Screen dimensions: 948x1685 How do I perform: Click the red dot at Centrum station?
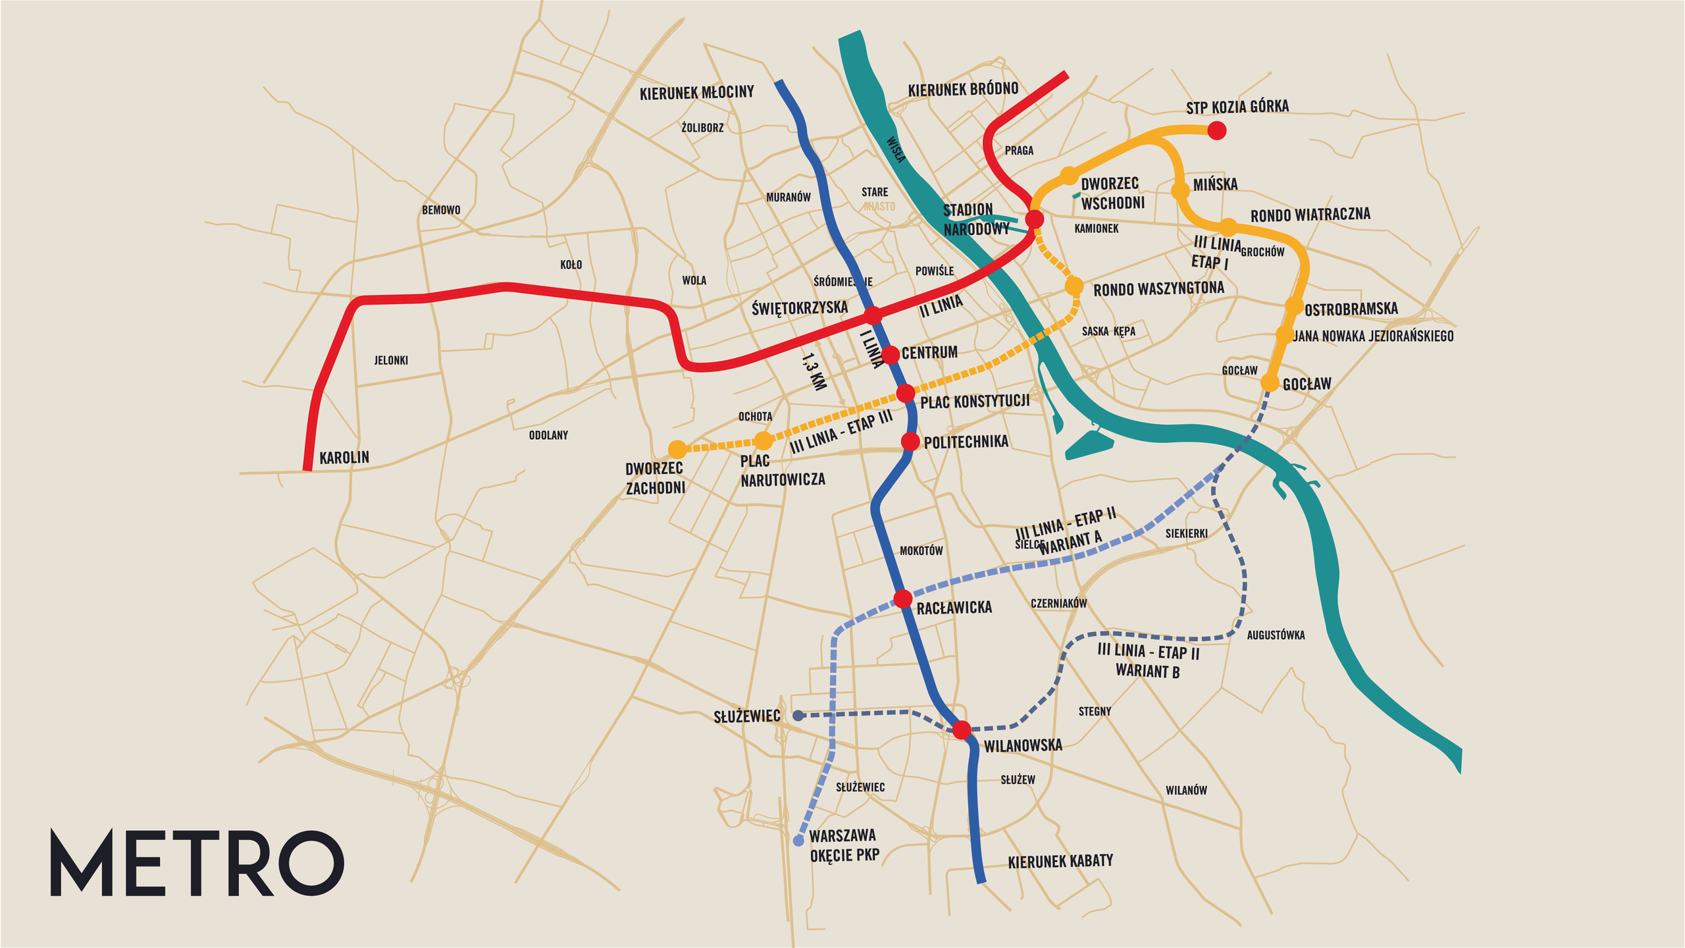point(890,355)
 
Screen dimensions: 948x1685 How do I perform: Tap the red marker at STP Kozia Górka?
point(1216,130)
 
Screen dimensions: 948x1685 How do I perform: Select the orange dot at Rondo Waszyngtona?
point(1074,286)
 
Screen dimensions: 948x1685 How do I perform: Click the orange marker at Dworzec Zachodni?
point(677,450)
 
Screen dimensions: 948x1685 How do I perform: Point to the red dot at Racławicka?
point(902,599)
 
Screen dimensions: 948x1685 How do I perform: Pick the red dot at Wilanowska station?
point(962,729)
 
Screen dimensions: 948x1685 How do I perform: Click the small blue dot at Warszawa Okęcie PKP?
point(798,841)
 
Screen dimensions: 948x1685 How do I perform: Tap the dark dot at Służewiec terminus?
point(798,716)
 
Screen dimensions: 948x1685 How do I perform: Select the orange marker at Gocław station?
point(1270,383)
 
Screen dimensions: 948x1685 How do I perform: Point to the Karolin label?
point(344,458)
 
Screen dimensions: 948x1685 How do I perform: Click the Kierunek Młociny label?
point(696,93)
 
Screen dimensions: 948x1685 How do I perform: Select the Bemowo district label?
point(441,210)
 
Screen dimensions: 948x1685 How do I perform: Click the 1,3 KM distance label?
point(814,372)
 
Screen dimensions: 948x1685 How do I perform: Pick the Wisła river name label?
point(896,149)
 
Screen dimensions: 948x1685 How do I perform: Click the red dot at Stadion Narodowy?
point(1035,219)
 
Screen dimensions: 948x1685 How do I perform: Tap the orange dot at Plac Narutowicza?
point(763,440)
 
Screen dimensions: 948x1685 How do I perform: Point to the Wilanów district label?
point(1186,790)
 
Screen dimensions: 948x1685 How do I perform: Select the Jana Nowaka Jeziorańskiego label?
point(1373,336)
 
